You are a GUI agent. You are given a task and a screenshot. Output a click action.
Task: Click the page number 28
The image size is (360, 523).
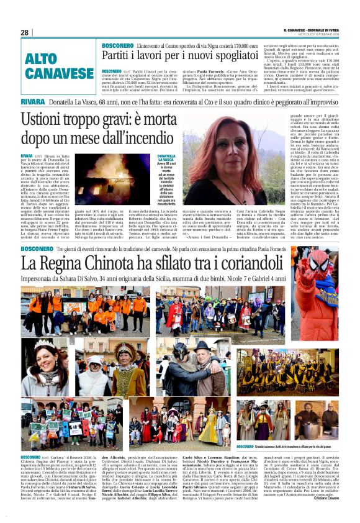[x=25, y=32]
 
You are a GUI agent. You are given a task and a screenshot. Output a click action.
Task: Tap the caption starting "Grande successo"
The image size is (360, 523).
[x=286, y=446]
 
